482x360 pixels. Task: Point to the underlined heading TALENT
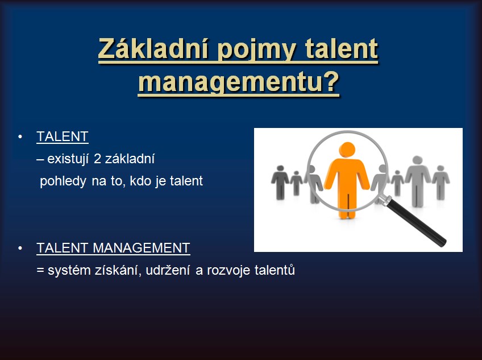[x=63, y=136]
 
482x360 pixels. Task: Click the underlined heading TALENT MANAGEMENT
[x=113, y=248]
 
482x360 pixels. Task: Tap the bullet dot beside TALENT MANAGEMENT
[x=20, y=248]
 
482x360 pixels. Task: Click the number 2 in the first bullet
[x=97, y=159]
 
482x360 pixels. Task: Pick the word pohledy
[x=63, y=181]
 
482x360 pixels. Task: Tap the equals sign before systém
[x=40, y=271]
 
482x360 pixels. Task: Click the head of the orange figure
[x=347, y=150]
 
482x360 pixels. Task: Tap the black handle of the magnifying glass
[x=417, y=222]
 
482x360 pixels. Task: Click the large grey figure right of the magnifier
[x=417, y=181]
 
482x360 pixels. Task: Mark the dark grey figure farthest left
[x=280, y=182]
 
